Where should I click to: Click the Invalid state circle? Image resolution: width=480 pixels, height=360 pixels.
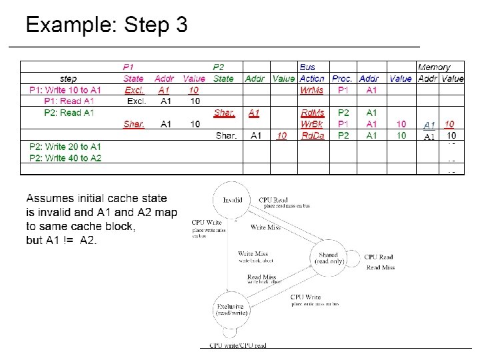point(233,199)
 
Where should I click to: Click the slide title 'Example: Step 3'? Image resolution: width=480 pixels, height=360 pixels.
point(107,25)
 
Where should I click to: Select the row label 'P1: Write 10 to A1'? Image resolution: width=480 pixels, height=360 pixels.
point(65,90)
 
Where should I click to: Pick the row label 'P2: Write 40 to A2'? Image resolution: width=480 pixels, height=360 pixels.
point(65,158)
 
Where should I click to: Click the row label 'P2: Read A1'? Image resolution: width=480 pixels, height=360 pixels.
point(69,113)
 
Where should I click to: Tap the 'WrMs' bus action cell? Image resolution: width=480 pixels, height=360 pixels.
point(311,90)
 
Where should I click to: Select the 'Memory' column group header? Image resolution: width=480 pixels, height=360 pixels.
point(434,67)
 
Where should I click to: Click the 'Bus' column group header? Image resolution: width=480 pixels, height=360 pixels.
point(307,67)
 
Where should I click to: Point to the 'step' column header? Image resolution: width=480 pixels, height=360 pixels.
point(68,79)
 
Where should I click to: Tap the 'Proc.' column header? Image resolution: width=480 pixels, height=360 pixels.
point(343,79)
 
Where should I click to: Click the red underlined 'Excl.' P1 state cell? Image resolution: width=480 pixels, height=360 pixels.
point(134,90)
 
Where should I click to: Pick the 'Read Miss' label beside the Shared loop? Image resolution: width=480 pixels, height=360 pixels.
point(380,267)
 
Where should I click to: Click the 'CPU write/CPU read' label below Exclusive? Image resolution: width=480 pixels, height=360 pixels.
point(238,345)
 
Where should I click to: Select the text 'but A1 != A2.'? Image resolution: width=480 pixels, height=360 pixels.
point(61,240)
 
